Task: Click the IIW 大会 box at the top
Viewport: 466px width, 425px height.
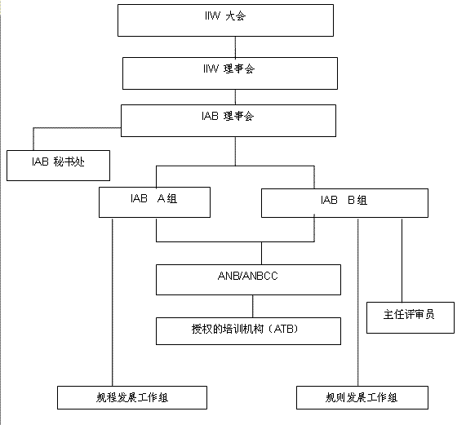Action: coord(225,20)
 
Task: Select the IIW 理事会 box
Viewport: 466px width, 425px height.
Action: coord(230,73)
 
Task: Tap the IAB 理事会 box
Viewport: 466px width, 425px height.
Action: coord(229,121)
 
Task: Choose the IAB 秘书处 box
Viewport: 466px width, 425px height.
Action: coord(58,166)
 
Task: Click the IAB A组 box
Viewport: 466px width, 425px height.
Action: coord(154,202)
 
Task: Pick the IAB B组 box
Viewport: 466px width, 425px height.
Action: coord(344,203)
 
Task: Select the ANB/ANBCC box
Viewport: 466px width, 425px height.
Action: coord(248,280)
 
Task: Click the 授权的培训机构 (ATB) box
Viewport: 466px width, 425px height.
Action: coord(248,331)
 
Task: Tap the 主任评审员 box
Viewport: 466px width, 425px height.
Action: coord(411,318)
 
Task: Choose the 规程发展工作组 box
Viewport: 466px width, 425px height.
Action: coord(132,398)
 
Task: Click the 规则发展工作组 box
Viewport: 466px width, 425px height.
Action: coord(362,398)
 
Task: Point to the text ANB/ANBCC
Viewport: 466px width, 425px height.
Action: coord(248,276)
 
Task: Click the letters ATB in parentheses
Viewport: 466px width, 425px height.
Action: coord(284,329)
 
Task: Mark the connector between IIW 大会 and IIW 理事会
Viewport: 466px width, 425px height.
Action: coord(235,47)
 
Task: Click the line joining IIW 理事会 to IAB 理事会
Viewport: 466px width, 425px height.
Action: coord(235,97)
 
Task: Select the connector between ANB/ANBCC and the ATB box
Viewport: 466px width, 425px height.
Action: coord(253,307)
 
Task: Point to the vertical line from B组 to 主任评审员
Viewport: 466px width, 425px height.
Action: coord(402,260)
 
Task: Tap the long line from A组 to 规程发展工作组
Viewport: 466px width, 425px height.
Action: coord(113,303)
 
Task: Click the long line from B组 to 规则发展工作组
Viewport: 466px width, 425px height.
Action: coord(357,303)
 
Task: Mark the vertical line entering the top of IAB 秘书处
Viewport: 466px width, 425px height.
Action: coord(33,139)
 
